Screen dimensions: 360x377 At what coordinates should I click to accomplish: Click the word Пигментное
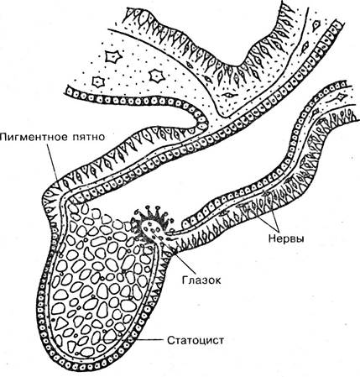[x=34, y=138]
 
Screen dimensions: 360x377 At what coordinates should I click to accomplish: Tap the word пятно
[x=89, y=138]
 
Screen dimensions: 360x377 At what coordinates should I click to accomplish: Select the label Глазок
[x=201, y=280]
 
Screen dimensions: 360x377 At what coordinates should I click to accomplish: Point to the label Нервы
[x=287, y=238]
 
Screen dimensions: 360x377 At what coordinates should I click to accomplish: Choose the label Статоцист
[x=196, y=340]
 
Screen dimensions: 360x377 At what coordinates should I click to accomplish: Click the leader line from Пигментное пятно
[x=53, y=162]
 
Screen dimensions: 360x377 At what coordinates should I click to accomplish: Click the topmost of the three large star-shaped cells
[x=113, y=57]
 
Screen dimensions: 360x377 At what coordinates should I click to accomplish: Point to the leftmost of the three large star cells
[x=98, y=81]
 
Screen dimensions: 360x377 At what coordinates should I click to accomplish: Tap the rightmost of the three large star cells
[x=155, y=76]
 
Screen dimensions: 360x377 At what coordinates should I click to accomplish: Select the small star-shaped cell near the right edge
[x=341, y=97]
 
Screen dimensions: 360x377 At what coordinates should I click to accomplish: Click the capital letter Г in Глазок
[x=185, y=280]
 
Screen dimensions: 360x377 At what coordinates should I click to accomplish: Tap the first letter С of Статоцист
[x=170, y=340]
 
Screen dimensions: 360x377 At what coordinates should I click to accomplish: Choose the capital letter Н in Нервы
[x=272, y=238]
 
